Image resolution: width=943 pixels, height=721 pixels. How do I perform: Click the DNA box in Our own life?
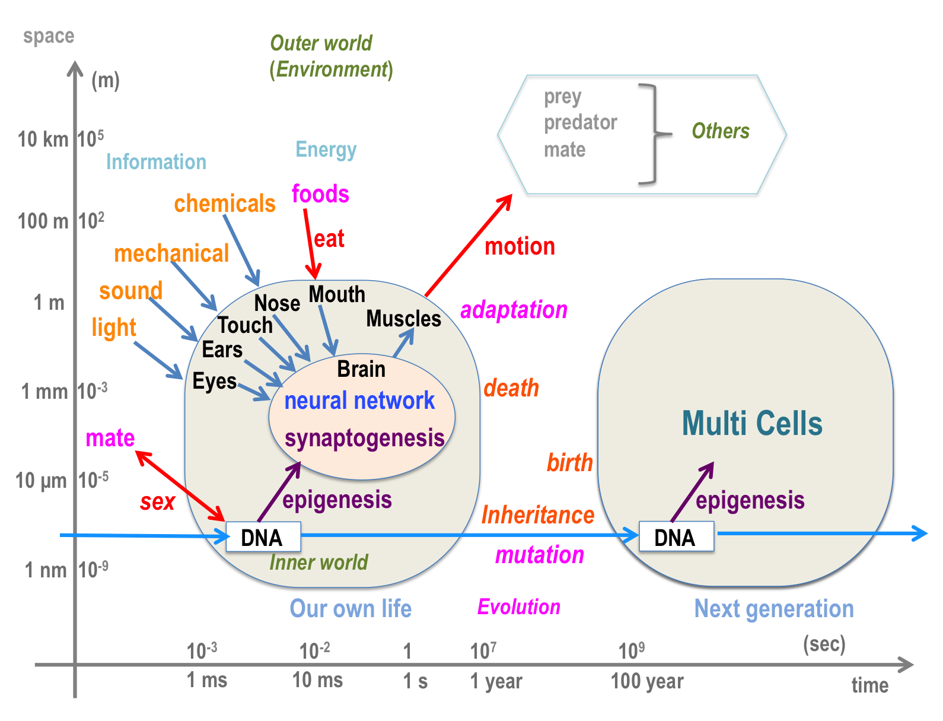click(x=263, y=537)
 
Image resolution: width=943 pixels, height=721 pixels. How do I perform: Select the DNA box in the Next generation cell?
click(x=676, y=537)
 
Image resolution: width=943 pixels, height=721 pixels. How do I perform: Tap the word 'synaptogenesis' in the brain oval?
click(x=364, y=439)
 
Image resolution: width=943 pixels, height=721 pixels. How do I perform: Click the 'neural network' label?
click(x=359, y=401)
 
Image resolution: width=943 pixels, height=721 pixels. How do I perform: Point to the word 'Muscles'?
click(x=403, y=319)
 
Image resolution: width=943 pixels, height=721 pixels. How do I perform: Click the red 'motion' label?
click(x=520, y=246)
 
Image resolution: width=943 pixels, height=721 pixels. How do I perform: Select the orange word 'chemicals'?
click(x=225, y=204)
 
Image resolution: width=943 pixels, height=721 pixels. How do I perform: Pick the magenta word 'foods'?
click(x=320, y=194)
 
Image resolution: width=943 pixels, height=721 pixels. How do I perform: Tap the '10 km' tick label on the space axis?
click(x=43, y=139)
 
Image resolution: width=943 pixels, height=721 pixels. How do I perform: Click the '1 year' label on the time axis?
click(x=496, y=681)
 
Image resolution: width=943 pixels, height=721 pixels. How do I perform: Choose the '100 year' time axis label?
click(x=647, y=681)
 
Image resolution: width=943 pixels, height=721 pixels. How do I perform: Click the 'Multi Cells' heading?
click(x=752, y=424)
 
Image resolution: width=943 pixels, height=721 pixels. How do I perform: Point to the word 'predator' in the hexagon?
click(x=581, y=122)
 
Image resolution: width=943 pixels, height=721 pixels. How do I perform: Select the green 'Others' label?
click(x=721, y=131)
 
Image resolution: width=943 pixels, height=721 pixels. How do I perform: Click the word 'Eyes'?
click(x=215, y=381)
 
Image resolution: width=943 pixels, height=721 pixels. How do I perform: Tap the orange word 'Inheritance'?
click(x=537, y=515)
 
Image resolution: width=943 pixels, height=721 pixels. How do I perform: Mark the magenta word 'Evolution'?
click(x=519, y=607)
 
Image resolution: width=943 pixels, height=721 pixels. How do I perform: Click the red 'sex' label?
click(x=157, y=502)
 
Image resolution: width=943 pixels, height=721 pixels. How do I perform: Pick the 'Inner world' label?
click(x=318, y=562)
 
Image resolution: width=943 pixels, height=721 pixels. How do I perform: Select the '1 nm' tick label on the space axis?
click(x=45, y=570)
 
